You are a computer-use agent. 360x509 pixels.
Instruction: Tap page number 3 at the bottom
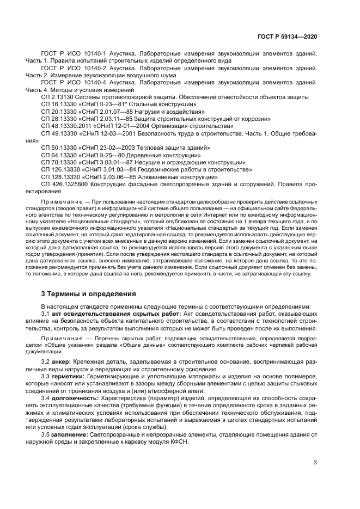[315, 463]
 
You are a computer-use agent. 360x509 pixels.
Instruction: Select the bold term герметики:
[68, 376]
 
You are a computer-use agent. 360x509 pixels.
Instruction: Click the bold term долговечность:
[74, 398]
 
